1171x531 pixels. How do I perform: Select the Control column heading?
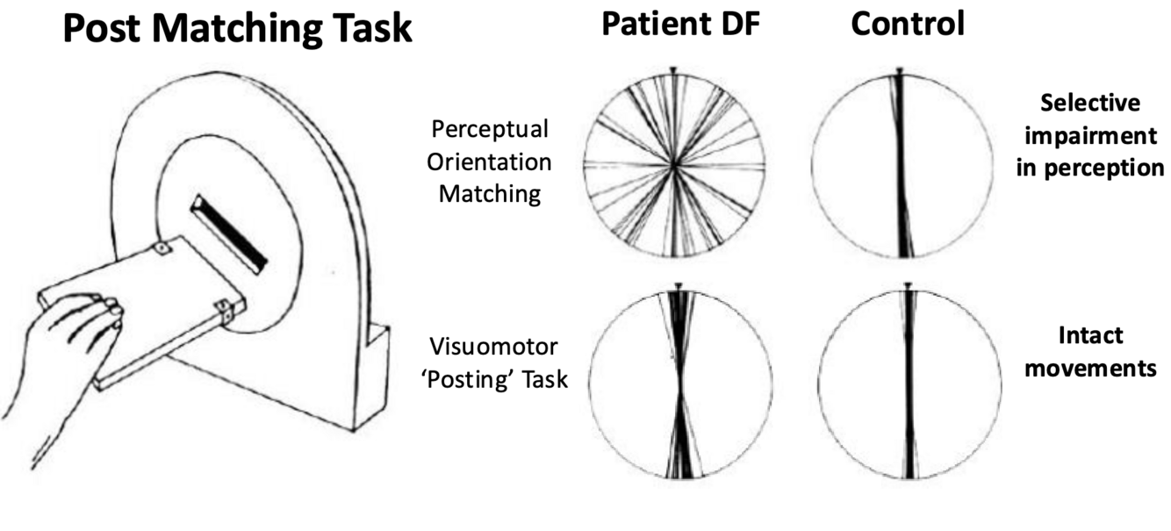[x=907, y=25]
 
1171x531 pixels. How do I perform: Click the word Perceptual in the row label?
[x=491, y=130]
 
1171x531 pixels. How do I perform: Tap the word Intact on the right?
[x=1090, y=335]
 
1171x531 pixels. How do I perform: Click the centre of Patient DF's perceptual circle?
[x=673, y=163]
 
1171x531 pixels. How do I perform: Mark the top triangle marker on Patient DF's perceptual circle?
[x=672, y=69]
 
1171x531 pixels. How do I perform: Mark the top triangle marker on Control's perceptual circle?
[x=900, y=69]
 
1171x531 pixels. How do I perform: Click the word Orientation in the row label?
[x=495, y=161]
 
